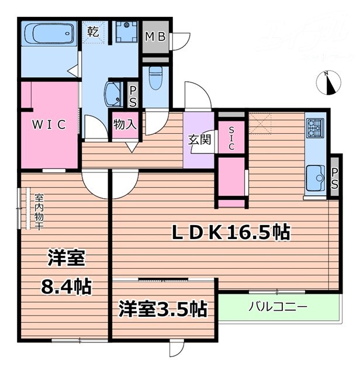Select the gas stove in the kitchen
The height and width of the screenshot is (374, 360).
point(315,127)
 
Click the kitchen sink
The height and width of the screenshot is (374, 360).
point(316,175)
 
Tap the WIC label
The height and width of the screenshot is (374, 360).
point(49,124)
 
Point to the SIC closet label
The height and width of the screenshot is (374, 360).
point(231,138)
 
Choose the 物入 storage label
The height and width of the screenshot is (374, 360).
point(124,124)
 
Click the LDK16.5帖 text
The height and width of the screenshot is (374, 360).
point(230,233)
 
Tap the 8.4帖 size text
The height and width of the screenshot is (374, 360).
point(65,286)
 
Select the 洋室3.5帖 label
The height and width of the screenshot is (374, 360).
point(163,308)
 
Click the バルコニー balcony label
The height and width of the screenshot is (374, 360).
point(277,306)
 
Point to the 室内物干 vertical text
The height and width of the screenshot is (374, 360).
point(37,211)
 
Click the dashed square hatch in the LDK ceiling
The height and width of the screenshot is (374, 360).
point(259,124)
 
